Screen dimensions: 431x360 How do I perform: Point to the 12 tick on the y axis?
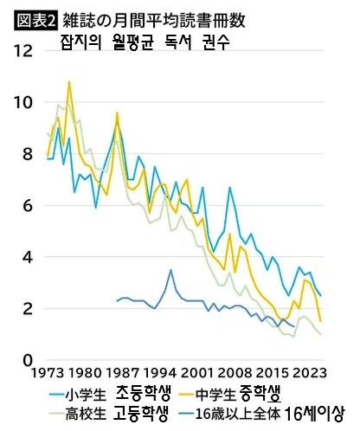[25, 51]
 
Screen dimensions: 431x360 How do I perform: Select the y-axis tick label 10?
[25, 103]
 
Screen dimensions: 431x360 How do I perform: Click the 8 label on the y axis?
[29, 154]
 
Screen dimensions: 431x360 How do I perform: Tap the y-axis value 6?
[29, 206]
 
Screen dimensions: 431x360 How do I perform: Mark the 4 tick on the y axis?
[29, 257]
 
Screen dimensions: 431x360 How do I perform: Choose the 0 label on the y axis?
[29, 360]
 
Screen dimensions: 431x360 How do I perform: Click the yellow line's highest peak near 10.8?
[69, 81]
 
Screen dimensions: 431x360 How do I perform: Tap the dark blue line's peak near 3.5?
[171, 270]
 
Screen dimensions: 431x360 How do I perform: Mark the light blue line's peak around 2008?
[230, 188]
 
